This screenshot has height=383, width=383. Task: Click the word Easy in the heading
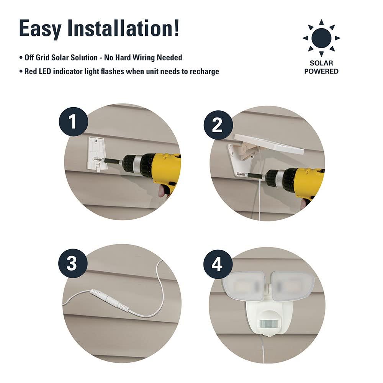pos(41,28)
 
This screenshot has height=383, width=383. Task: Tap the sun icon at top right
pos(321,38)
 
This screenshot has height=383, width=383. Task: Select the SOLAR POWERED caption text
pos(321,67)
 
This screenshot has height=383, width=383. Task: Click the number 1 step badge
pos(73,122)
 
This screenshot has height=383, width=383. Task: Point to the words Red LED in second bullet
pos(38,71)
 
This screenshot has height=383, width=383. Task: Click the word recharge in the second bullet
pos(205,71)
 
